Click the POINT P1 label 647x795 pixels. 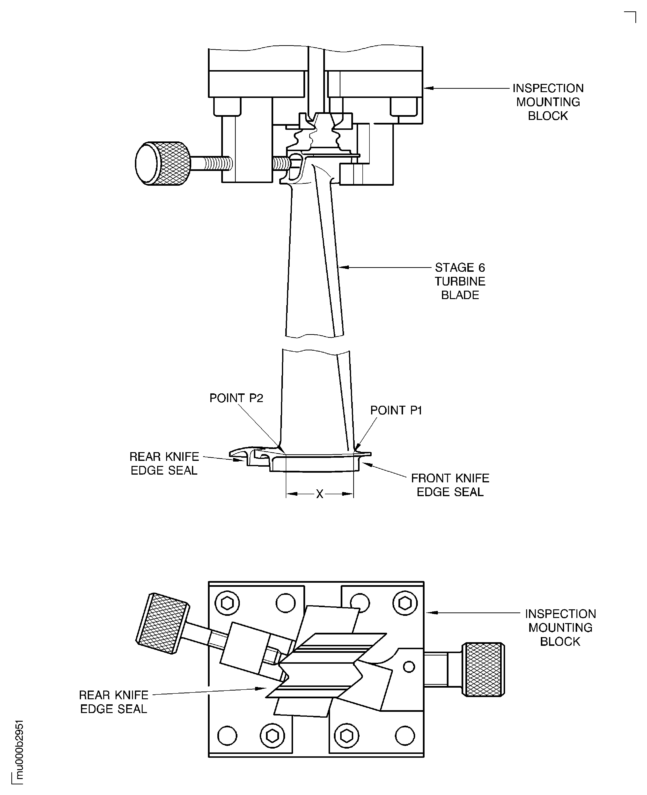click(x=396, y=410)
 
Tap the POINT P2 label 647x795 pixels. click(x=236, y=398)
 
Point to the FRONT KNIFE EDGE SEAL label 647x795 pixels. click(x=450, y=485)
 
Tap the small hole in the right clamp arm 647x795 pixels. click(x=409, y=667)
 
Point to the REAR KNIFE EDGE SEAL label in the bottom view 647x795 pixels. click(x=114, y=702)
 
